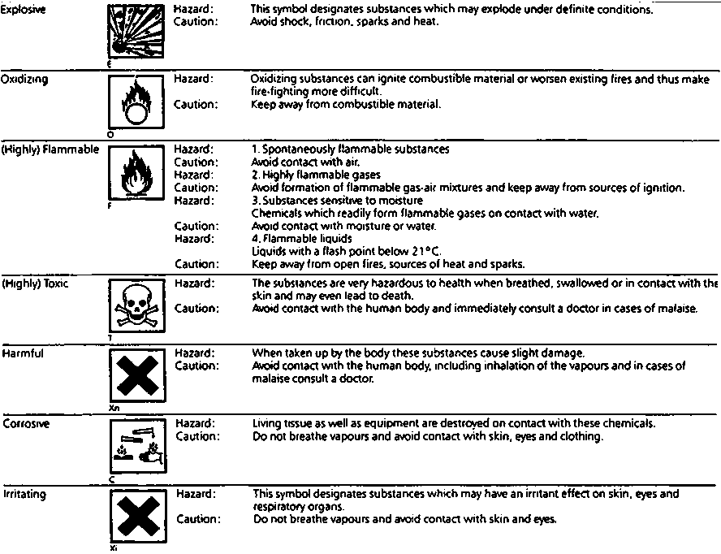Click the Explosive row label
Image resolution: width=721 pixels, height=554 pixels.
24,8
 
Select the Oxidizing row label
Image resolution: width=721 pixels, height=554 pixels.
24,80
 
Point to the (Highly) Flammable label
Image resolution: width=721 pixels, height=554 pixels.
50,149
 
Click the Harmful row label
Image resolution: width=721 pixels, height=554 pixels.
23,354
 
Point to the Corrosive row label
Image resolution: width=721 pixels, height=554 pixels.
26,424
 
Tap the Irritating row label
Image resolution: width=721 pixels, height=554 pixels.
24,494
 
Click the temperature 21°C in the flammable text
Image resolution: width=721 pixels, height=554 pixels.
423,251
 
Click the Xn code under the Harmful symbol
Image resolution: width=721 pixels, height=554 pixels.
112,408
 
